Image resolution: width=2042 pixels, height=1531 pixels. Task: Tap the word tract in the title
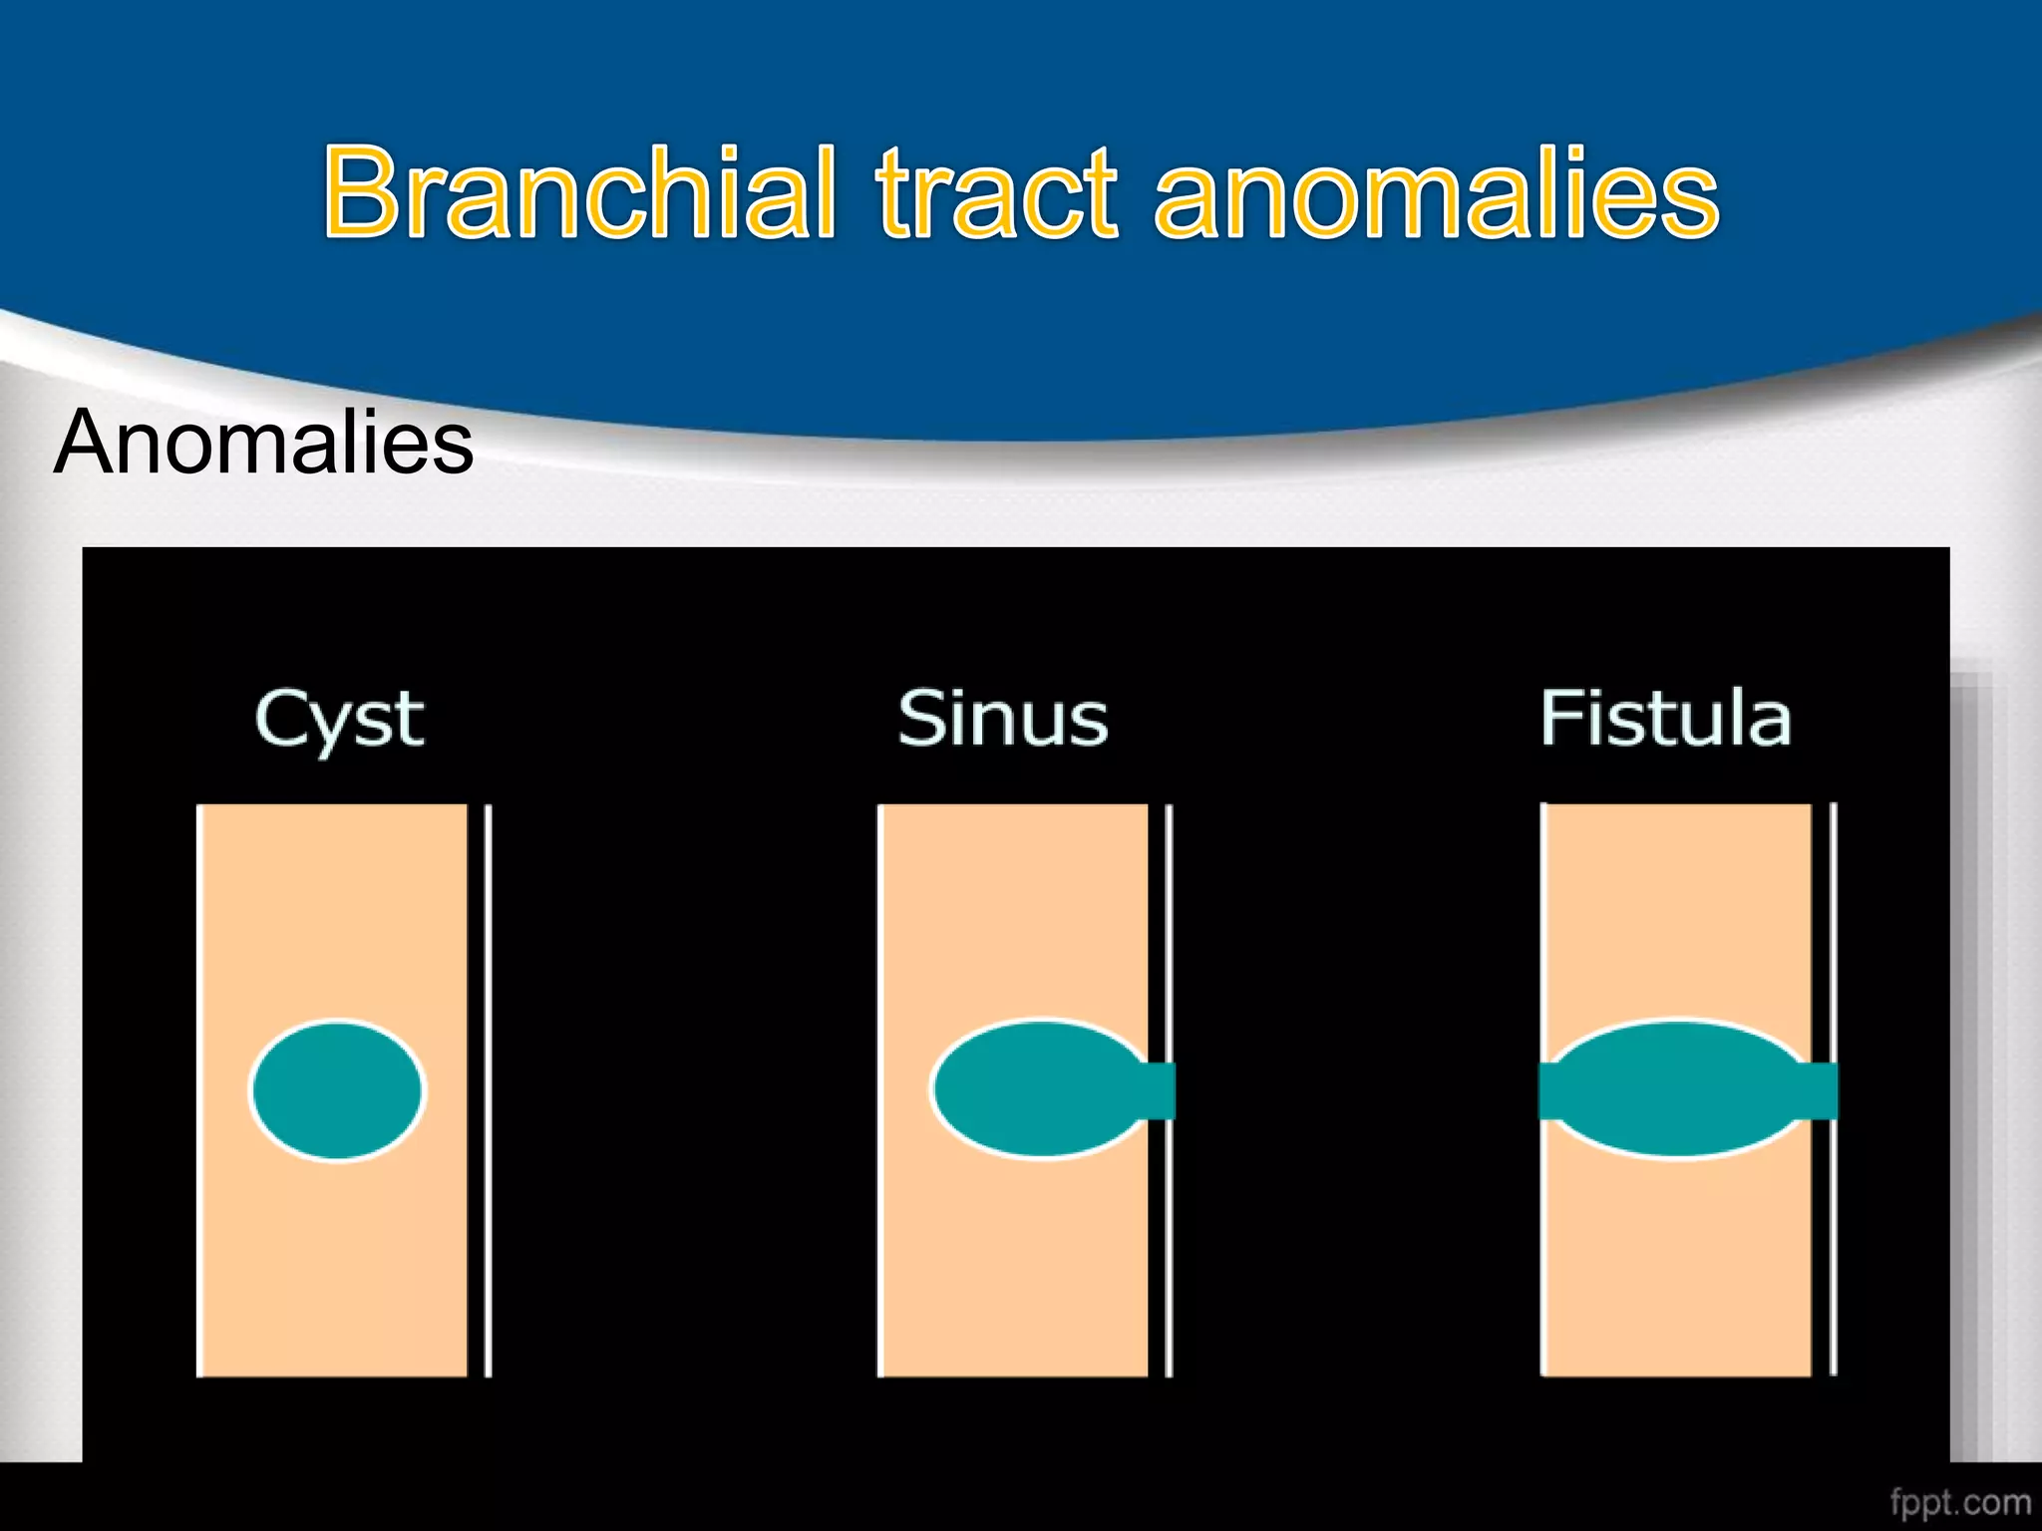click(997, 194)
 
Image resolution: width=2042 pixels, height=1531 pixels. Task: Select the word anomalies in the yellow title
click(1436, 194)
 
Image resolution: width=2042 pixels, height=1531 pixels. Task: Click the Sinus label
click(1002, 718)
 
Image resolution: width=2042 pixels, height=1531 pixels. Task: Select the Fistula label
click(1665, 718)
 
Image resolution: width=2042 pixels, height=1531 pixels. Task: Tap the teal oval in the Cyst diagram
click(337, 1089)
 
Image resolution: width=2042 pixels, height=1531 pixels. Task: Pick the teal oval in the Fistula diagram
click(1677, 1088)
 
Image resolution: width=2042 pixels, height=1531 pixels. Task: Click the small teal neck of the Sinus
click(1159, 1090)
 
